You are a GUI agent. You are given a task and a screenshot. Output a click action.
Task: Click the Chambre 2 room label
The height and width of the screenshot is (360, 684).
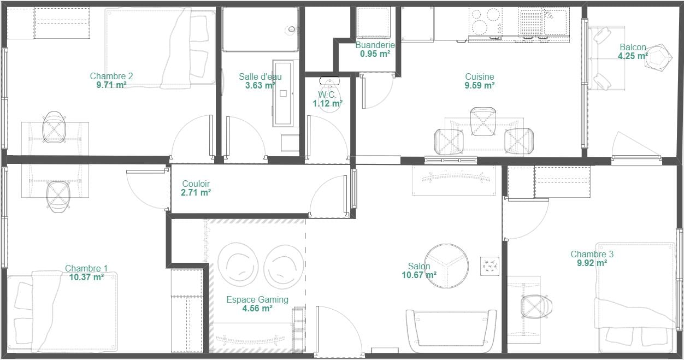point(111,76)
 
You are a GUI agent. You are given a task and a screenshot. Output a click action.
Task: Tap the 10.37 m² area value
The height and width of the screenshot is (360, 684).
point(86,278)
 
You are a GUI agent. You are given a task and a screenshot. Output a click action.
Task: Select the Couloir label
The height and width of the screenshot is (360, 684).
point(196,184)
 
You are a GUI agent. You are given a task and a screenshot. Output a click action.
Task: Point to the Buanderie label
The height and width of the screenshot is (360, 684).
point(375,45)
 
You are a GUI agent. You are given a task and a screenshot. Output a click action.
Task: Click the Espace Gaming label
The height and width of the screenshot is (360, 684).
point(257,299)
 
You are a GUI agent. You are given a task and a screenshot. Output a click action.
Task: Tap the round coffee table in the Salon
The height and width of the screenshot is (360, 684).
point(446,266)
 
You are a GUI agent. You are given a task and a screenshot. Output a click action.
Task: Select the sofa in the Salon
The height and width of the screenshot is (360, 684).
point(451,331)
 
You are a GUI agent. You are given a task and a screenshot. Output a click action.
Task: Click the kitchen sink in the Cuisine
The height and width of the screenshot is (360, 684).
point(544,21)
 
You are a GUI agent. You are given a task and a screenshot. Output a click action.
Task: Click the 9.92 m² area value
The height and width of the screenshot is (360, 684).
point(592,263)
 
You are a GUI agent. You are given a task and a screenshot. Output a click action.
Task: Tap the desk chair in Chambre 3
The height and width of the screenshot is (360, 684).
point(536,307)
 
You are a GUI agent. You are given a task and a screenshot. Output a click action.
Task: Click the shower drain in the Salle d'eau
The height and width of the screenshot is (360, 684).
point(292,29)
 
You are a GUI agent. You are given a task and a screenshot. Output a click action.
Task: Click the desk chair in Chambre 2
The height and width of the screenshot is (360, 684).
point(54,128)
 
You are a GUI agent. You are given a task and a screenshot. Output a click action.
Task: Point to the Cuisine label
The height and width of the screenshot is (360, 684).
point(480,76)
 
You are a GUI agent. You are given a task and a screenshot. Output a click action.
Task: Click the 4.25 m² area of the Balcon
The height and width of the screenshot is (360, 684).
point(633,56)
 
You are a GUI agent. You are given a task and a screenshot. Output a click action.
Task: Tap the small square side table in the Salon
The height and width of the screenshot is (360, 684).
point(490,266)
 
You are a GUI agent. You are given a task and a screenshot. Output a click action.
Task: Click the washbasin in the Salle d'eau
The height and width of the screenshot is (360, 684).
point(283,93)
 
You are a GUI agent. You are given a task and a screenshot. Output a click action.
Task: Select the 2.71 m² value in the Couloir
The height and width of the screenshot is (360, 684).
point(196,193)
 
